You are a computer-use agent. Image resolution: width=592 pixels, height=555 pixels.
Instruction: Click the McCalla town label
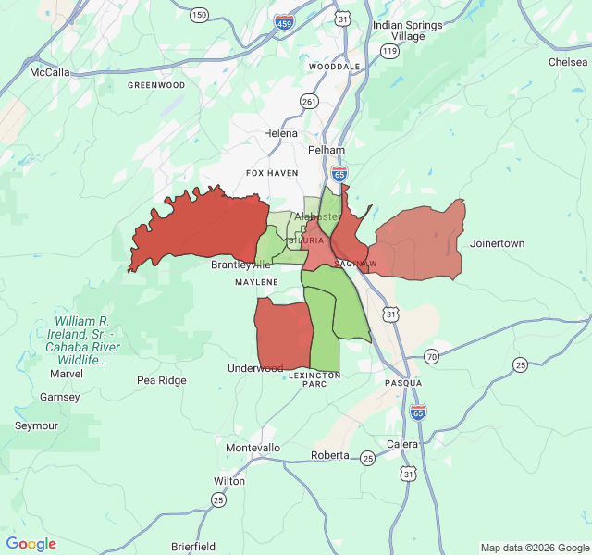pos(49,71)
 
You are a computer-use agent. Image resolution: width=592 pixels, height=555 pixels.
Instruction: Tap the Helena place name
pos(281,133)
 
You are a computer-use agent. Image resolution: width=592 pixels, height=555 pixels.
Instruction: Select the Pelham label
pos(327,150)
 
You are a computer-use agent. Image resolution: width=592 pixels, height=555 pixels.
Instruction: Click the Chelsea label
pos(568,62)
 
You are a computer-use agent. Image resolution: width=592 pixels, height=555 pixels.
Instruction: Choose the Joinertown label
pos(497,243)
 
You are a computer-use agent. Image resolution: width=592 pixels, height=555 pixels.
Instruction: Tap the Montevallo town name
pos(253,448)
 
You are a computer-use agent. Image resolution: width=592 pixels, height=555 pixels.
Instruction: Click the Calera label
pos(402,444)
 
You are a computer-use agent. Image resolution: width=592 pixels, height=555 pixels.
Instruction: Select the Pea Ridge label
pos(161,380)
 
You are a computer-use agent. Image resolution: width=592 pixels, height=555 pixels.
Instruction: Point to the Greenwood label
pos(156,85)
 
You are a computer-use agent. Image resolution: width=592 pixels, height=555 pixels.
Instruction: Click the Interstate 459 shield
pos(285,21)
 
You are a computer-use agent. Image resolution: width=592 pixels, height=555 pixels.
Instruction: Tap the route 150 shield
pos(199,14)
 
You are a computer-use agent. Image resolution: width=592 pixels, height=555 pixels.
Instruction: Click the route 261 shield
pos(309,101)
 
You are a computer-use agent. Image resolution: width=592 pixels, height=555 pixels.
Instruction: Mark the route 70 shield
pos(432,357)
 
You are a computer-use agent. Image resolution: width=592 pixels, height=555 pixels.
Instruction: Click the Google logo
pos(31,544)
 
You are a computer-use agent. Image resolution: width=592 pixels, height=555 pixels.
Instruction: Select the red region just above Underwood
pos(282,333)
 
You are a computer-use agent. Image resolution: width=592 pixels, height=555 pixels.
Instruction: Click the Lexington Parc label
pos(314,379)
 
